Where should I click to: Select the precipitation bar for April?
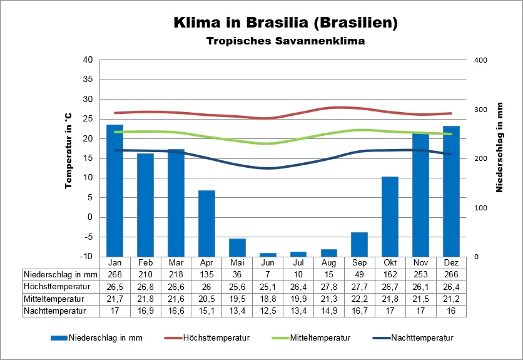[x=206, y=223]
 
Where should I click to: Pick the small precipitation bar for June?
[x=268, y=254]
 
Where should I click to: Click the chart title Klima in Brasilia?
[x=285, y=23]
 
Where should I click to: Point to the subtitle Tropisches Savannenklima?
[x=285, y=42]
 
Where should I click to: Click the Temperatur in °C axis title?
[x=68, y=151]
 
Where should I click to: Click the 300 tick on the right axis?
[x=480, y=110]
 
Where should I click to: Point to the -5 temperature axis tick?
[x=88, y=237]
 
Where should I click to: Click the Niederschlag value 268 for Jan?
[x=114, y=274]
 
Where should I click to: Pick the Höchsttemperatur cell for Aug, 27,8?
[x=329, y=286]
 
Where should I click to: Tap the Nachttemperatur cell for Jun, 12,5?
[x=268, y=310]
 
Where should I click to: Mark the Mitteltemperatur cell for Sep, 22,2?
[x=360, y=298]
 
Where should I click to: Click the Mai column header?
[x=237, y=262]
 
